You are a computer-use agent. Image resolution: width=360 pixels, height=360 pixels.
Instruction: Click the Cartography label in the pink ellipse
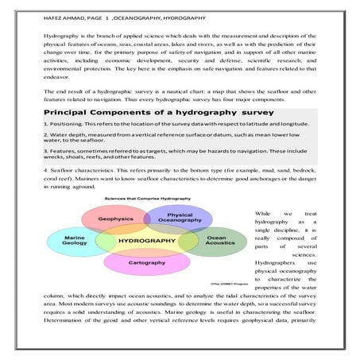147,260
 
